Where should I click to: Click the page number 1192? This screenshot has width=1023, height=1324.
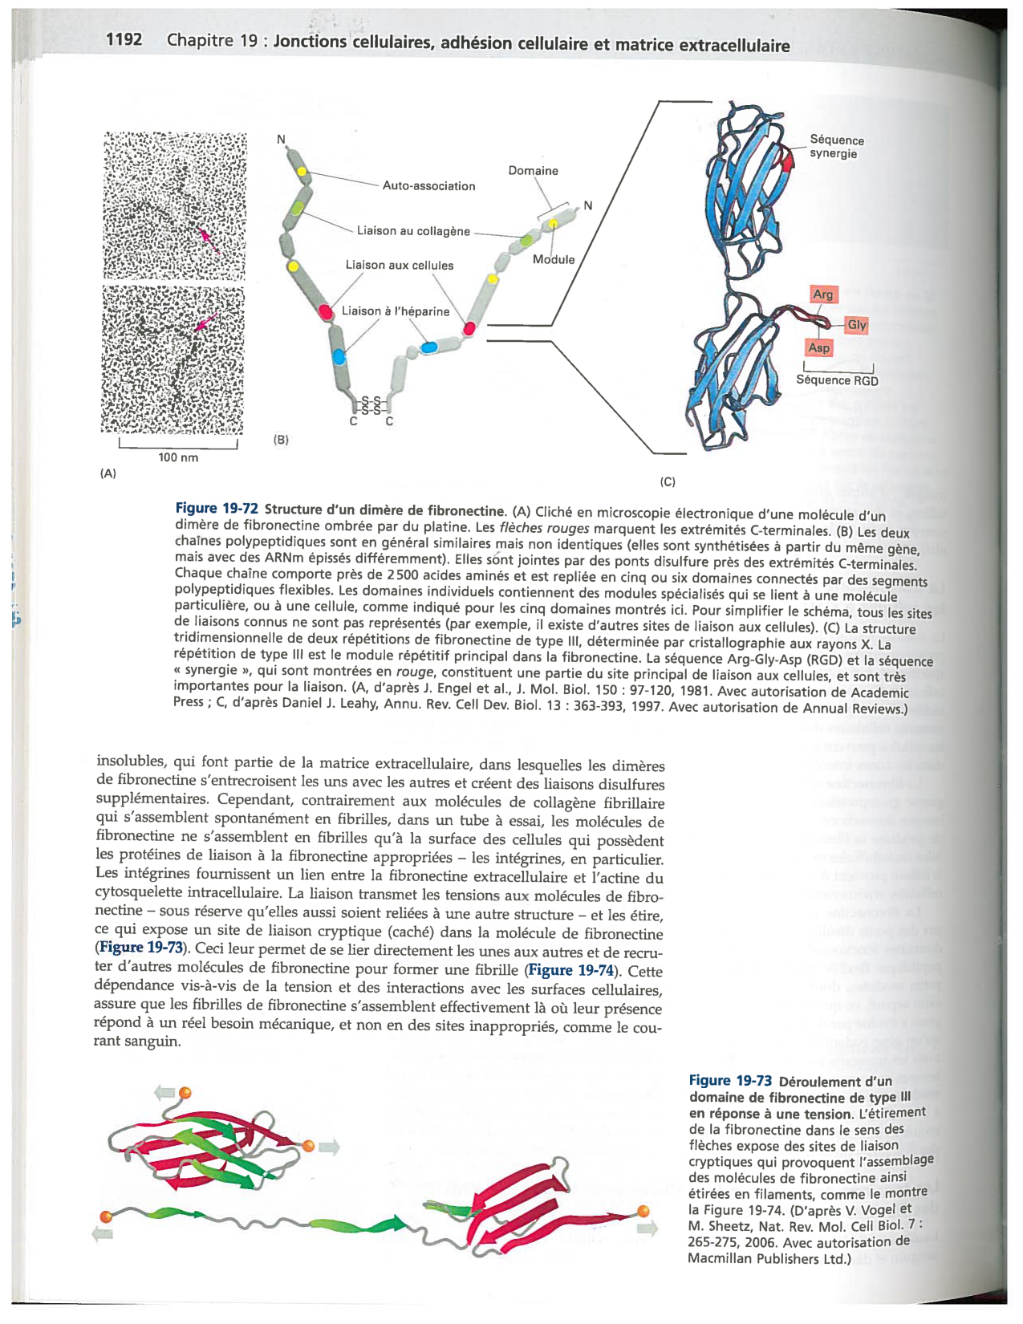click(124, 39)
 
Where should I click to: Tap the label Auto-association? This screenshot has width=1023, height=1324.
click(428, 185)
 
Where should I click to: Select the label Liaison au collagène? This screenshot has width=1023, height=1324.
click(413, 231)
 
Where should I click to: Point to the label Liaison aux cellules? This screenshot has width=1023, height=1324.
click(399, 265)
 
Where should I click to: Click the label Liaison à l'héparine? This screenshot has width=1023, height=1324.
click(395, 311)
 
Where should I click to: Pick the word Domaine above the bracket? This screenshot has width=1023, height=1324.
click(533, 171)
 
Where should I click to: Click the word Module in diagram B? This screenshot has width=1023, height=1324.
click(554, 259)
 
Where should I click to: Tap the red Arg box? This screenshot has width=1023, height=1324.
click(823, 294)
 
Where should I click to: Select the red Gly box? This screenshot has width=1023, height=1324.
click(856, 325)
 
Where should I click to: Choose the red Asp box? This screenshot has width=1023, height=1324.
click(818, 348)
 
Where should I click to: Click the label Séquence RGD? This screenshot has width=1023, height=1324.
click(836, 380)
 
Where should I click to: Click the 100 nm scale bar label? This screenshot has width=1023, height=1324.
click(178, 457)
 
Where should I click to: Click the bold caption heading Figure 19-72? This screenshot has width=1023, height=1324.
click(217, 509)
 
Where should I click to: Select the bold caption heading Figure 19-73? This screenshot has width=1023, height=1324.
click(730, 1081)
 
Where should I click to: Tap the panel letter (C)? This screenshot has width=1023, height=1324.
click(667, 482)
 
